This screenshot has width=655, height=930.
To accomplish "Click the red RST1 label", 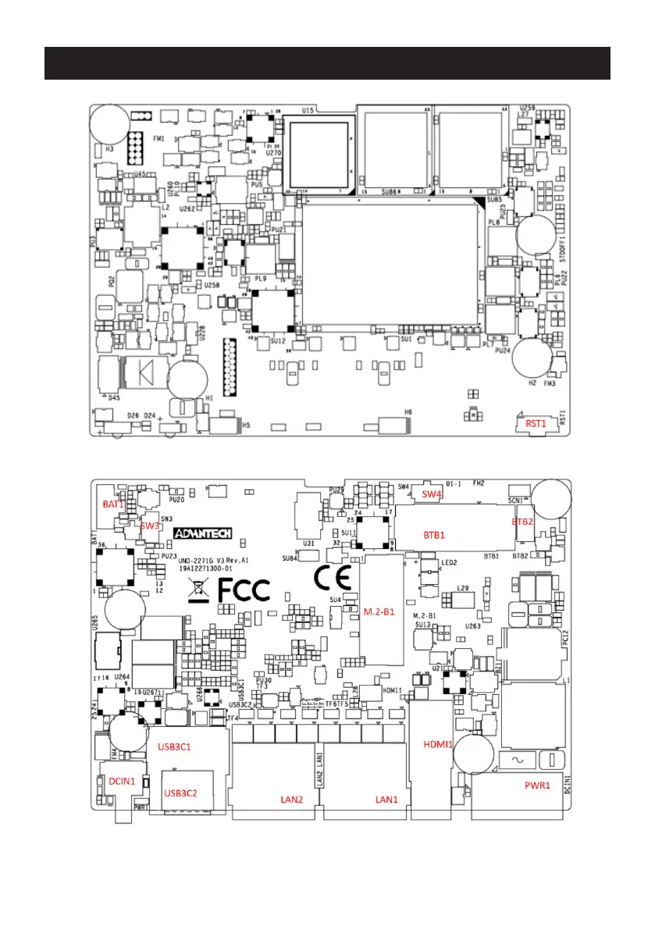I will coord(535,423).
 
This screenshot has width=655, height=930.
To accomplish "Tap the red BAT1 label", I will coord(113,504).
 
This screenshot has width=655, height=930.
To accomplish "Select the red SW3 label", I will coord(150,526).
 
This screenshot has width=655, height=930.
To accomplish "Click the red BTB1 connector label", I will coord(434,536).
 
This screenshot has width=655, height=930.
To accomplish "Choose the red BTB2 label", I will coord(522,521).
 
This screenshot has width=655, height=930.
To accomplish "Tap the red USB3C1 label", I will coord(175,746).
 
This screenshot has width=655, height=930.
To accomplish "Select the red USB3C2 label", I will coord(180,793).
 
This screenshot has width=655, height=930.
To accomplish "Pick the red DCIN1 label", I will coord(122,780).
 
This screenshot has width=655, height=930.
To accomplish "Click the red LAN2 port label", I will coord(292,800).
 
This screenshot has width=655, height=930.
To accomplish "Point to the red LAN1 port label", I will coord(386,800).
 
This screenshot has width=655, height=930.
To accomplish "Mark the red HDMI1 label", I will coord(438,743).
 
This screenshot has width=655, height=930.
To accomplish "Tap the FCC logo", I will coord(242,590).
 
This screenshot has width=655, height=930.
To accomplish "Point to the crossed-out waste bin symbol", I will coord(198,590).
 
